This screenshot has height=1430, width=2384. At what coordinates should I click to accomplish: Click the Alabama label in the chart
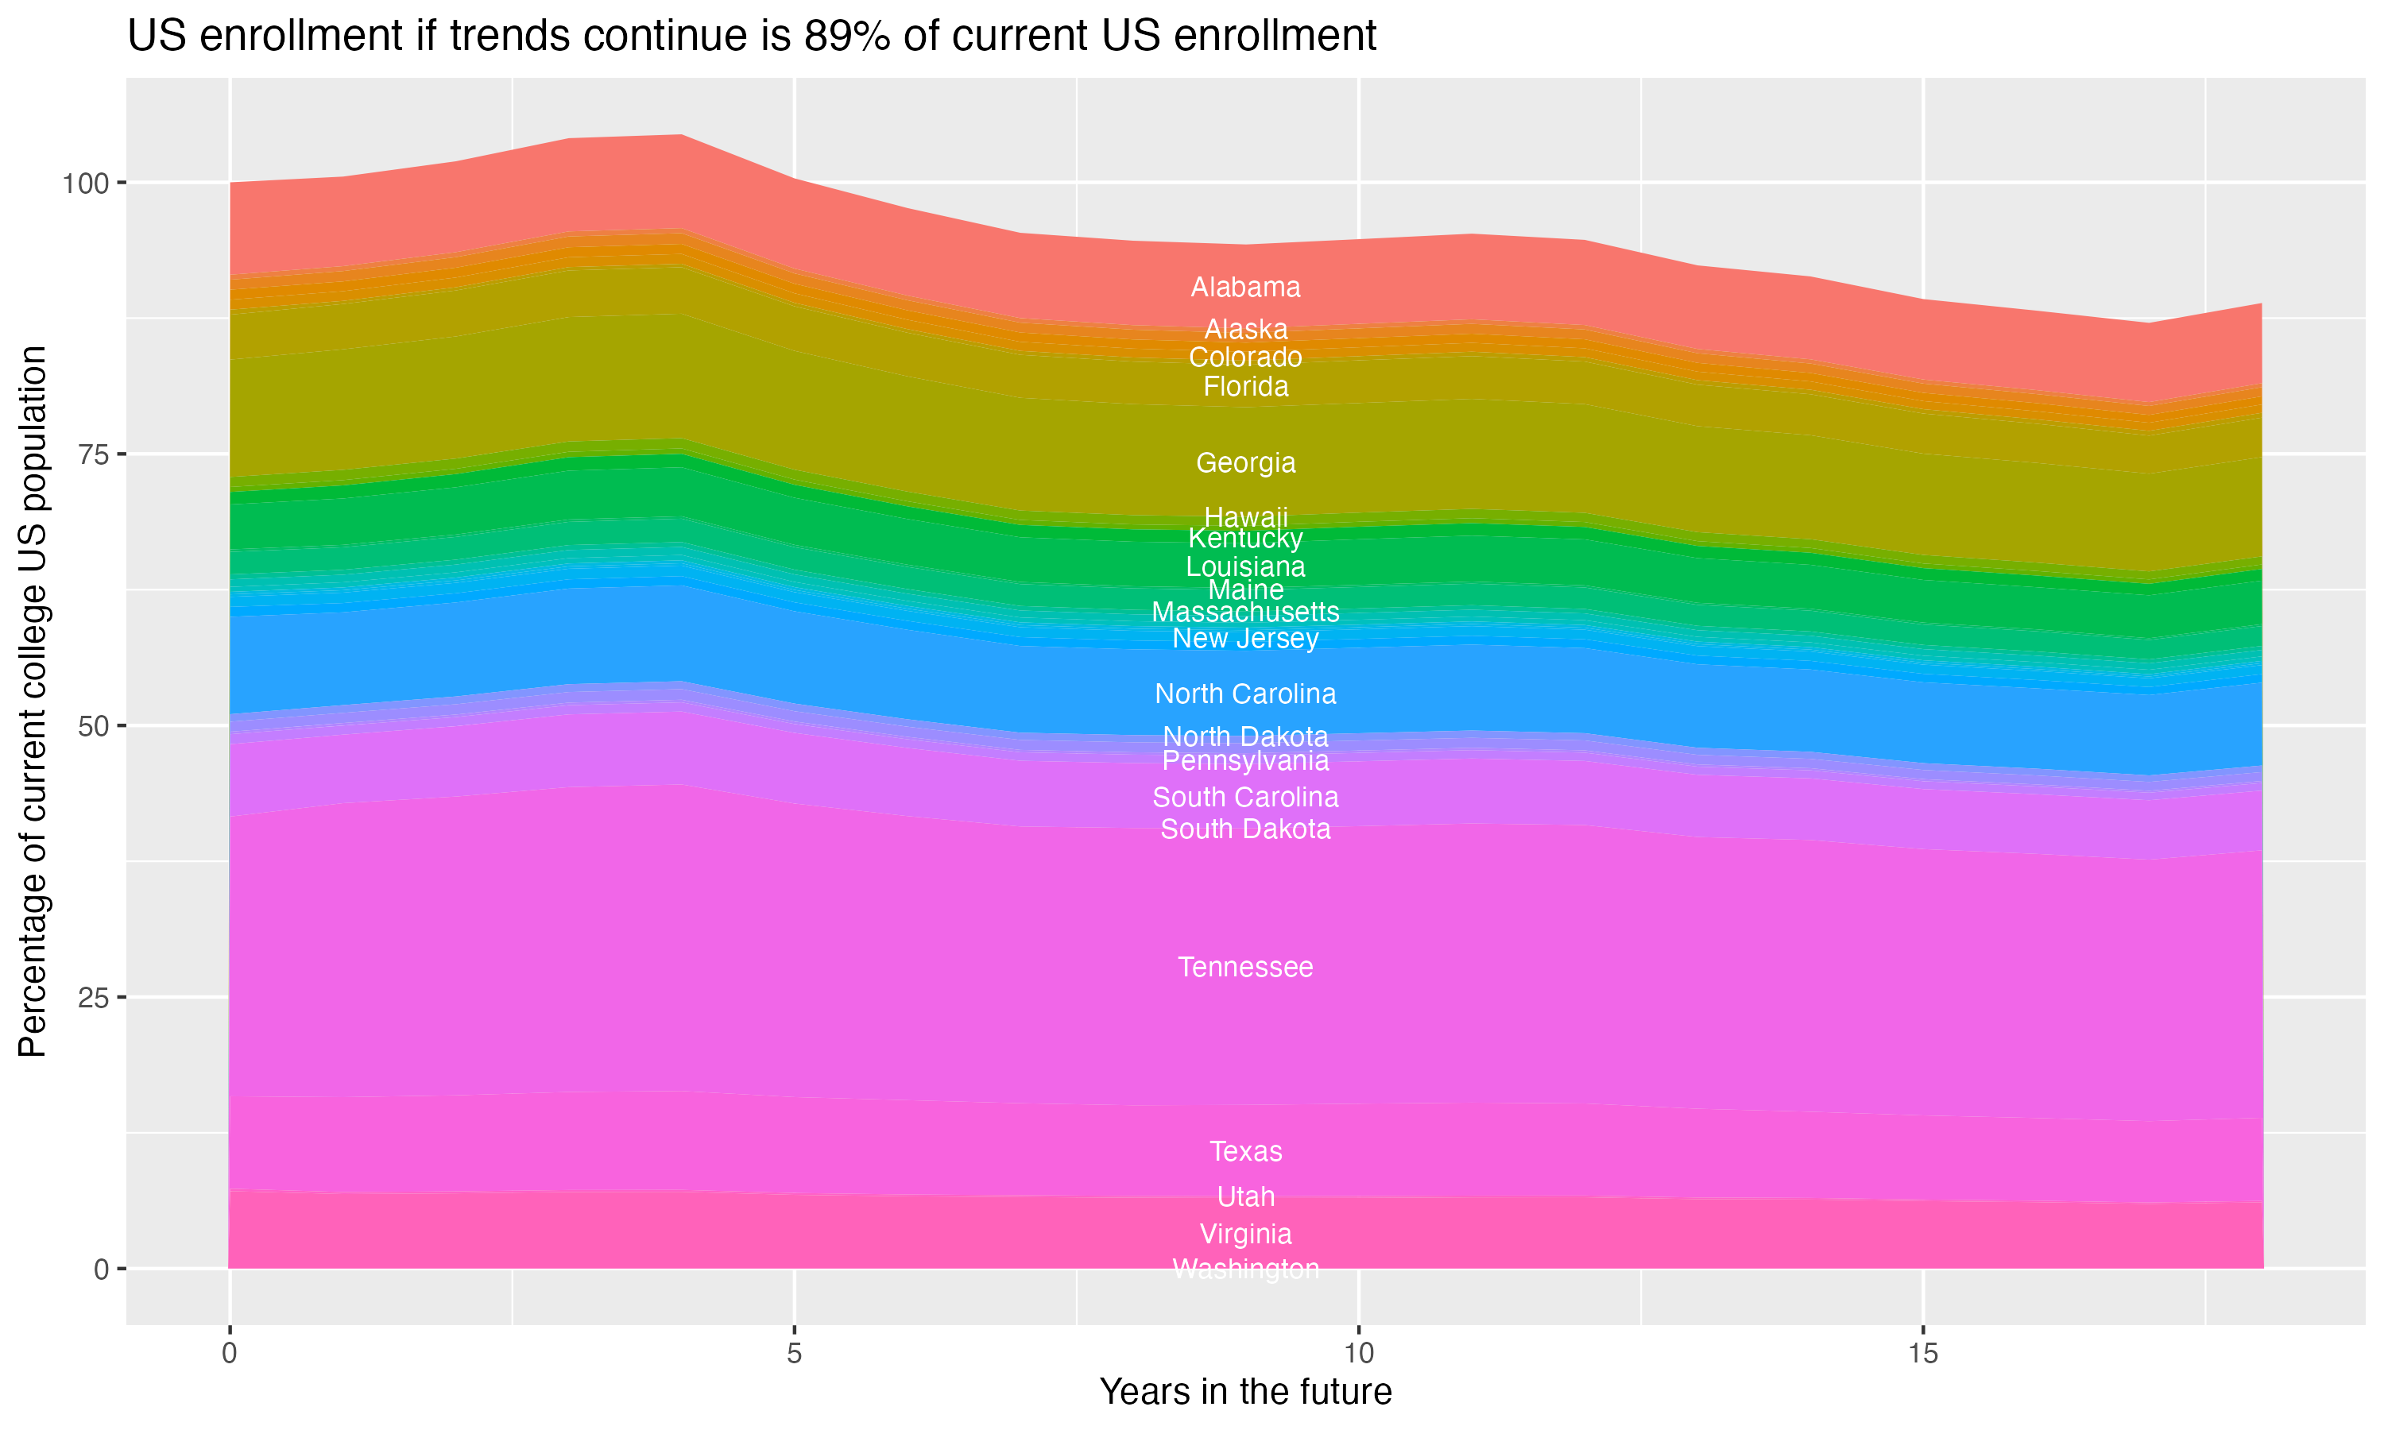[1245, 287]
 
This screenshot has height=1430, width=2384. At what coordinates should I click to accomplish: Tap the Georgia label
[1245, 462]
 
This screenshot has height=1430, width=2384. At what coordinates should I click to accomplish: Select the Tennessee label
[1245, 968]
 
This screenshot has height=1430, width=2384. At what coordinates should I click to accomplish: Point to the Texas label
[1245, 1151]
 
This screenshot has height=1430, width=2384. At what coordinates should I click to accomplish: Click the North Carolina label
[1245, 694]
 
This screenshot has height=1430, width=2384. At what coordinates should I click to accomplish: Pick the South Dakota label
[1245, 829]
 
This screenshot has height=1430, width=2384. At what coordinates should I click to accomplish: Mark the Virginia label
[1245, 1235]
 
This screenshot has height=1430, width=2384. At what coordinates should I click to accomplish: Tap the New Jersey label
[1245, 639]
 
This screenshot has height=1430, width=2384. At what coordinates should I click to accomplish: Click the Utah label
[1245, 1196]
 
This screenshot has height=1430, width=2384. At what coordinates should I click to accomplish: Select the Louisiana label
[1245, 566]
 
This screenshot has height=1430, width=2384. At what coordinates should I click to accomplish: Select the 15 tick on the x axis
[1922, 1354]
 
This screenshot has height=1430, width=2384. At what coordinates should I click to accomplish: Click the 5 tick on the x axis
[794, 1354]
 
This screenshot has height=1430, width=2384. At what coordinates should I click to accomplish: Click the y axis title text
[33, 701]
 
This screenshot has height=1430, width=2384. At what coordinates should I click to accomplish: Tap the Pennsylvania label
[1245, 761]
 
